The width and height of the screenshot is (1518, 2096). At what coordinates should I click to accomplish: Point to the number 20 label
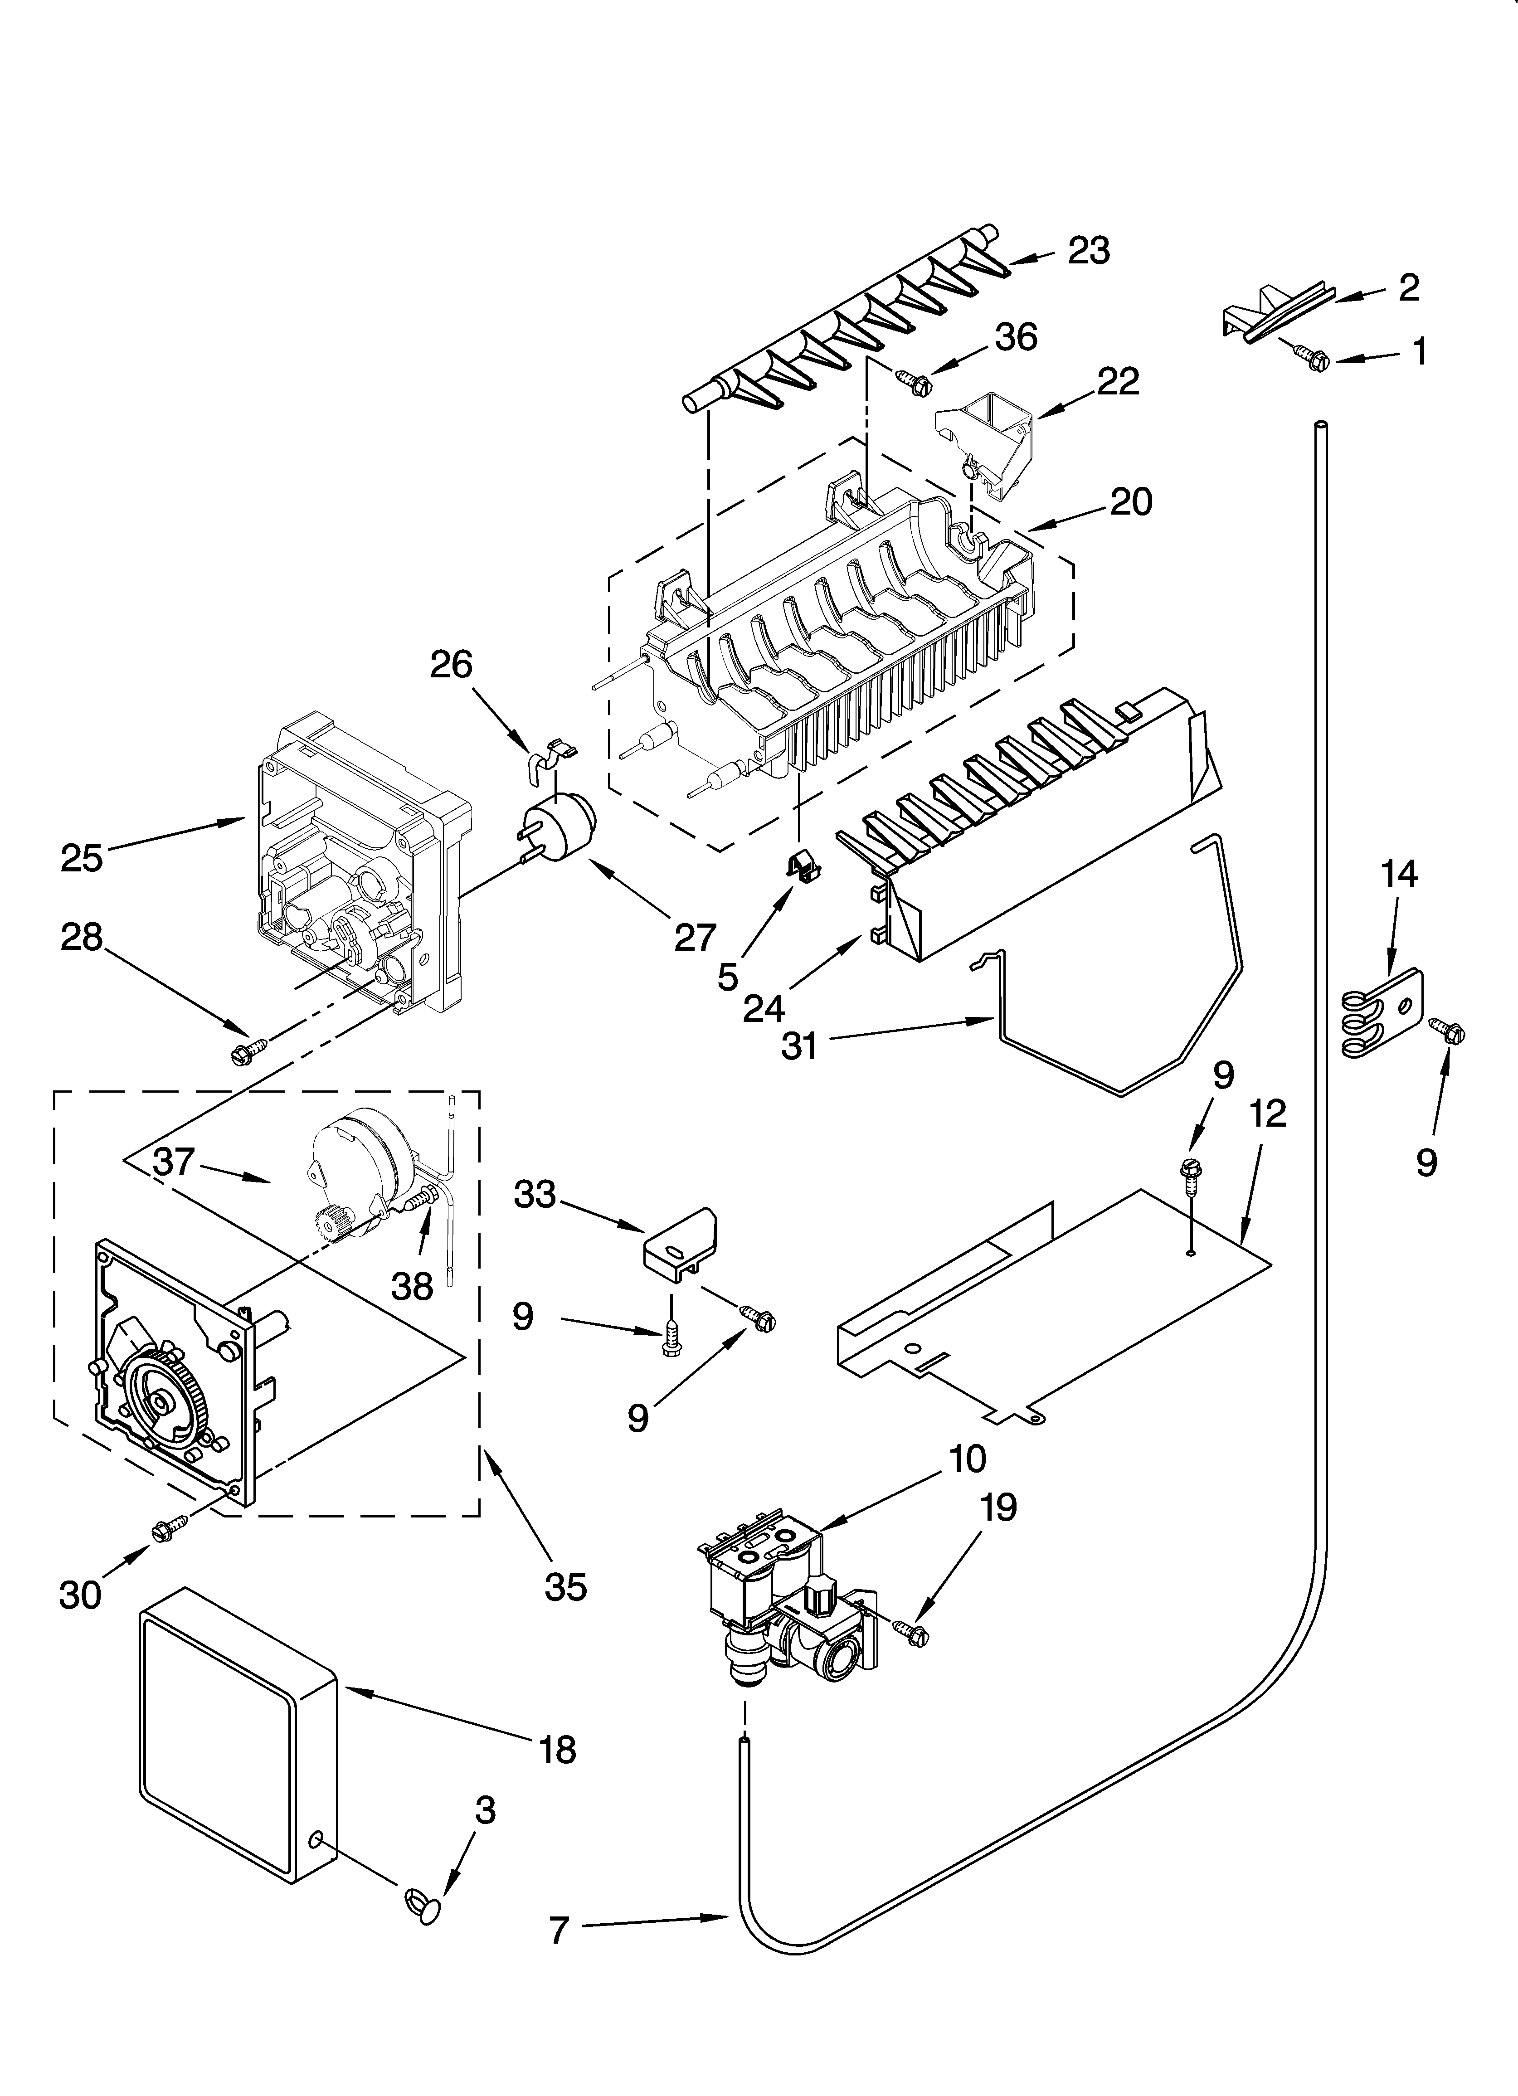tap(1131, 502)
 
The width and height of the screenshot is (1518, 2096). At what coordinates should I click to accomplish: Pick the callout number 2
tap(1408, 288)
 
